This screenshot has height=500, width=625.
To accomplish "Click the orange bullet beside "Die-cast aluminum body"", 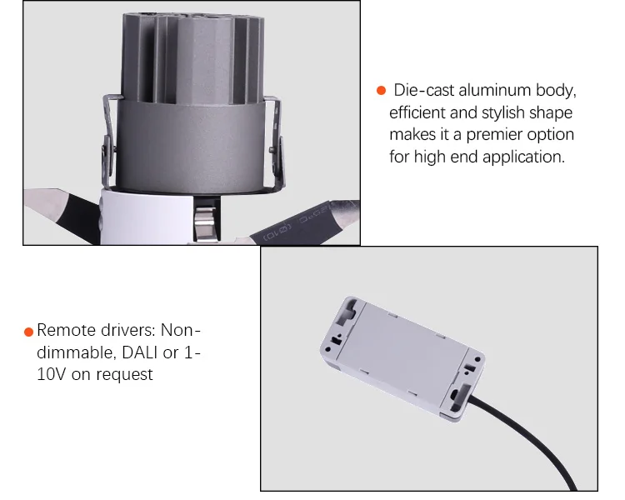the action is click(381, 91).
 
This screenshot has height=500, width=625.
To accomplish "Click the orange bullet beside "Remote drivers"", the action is click(28, 332).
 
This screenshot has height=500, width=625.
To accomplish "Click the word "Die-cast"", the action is click(423, 90).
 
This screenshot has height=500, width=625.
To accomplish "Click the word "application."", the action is click(524, 157).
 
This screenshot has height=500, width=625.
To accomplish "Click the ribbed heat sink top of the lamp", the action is click(192, 57).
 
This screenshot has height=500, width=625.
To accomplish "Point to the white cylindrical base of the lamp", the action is click(147, 217).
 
